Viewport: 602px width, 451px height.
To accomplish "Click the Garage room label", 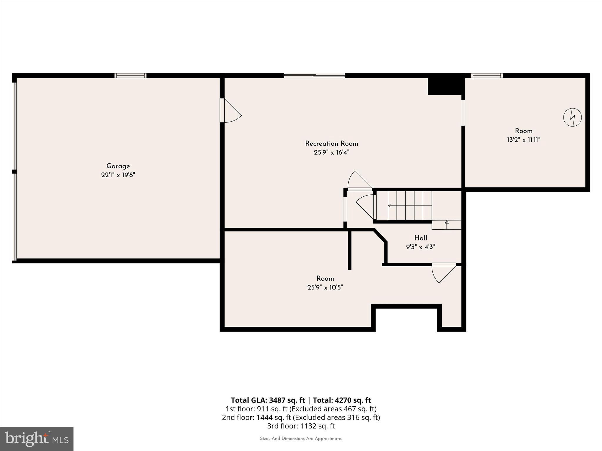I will [118, 166].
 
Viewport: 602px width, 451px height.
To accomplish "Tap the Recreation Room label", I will [331, 144].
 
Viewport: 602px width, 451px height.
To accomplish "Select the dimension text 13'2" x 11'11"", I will [524, 140].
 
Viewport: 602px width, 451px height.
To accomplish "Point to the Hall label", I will [421, 238].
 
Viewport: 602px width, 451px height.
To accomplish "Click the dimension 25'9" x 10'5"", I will [325, 287].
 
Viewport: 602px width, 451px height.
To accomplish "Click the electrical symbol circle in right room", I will [572, 117].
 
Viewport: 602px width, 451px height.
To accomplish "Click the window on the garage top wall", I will [130, 75].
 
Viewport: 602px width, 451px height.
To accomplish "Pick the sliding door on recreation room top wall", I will [314, 75].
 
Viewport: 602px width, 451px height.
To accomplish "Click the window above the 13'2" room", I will [486, 75].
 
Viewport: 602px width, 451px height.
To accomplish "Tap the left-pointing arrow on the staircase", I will [390, 206].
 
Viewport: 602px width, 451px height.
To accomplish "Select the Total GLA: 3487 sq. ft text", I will [268, 400].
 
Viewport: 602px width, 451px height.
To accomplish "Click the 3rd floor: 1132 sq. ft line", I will [301, 426].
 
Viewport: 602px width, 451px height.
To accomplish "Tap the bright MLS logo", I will [37, 439].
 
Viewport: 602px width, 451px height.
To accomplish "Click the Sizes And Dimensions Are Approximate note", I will [301, 439].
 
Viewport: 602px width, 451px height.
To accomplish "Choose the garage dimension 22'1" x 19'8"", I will [118, 175].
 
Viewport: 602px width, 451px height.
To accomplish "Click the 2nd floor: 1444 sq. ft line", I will [301, 417].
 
